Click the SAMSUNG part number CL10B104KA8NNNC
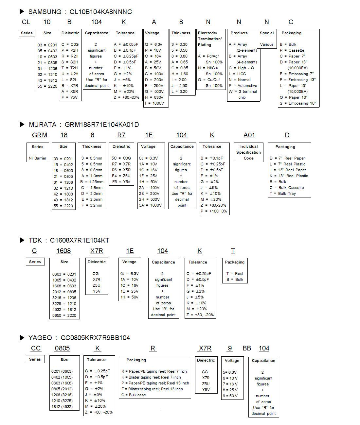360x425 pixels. (x=100, y=12)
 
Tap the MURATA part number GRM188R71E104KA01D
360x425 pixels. (x=102, y=125)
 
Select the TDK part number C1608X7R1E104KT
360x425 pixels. (x=80, y=240)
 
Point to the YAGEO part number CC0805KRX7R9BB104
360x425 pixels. (x=95, y=338)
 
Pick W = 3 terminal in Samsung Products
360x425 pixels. (x=243, y=92)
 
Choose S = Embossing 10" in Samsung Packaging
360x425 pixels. (x=298, y=103)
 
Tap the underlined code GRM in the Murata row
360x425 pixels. (x=40, y=135)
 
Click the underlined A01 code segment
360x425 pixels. (x=249, y=135)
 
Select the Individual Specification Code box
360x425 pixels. (x=248, y=152)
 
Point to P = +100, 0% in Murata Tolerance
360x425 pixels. (x=214, y=211)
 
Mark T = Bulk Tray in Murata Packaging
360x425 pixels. (x=282, y=194)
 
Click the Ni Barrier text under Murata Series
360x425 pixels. (x=38, y=158)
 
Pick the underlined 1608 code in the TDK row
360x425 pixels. (x=63, y=251)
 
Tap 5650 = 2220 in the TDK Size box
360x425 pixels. (x=64, y=315)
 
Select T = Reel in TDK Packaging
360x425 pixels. (x=235, y=274)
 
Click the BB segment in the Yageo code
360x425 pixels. (x=247, y=348)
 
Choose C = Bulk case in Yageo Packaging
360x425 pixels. (x=134, y=395)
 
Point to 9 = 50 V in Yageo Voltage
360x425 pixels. (x=230, y=396)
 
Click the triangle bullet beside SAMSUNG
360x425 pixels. (x=22, y=12)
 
